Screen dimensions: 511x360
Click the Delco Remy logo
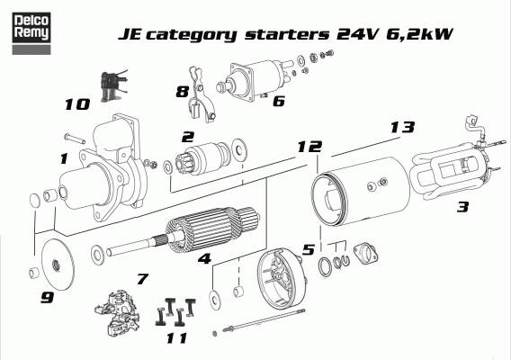tap(31, 33)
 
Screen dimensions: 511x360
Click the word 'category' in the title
tap(192, 35)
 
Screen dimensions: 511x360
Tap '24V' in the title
tap(357, 33)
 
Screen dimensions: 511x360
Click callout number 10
tap(77, 104)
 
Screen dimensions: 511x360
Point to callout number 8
tap(182, 92)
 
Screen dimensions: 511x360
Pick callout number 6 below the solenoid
tap(279, 101)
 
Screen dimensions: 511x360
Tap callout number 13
tap(402, 127)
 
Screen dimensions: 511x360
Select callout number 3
tap(462, 207)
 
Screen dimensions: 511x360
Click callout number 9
tap(48, 297)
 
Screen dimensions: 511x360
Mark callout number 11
tap(177, 338)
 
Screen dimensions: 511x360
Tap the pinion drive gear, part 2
tap(202, 158)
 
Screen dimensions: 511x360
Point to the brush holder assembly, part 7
tap(118, 312)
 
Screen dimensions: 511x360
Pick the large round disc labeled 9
tap(58, 265)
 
